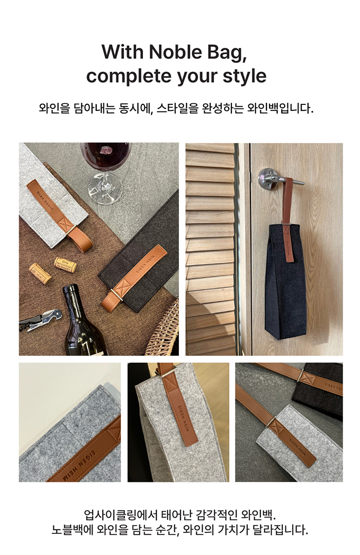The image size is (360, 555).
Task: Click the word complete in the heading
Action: click(129, 77)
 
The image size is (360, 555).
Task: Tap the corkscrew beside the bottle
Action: click(40, 320)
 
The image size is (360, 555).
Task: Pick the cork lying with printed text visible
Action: click(65, 265)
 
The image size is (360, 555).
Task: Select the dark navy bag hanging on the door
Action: click(285, 282)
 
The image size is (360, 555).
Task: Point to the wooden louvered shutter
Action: click(210, 249)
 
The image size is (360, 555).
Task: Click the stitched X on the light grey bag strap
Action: click(65, 224)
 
